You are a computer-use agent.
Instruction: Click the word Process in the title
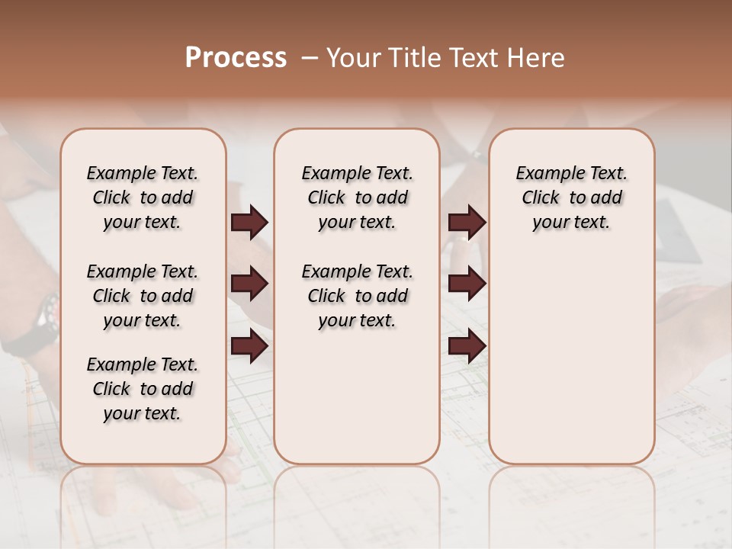coord(236,58)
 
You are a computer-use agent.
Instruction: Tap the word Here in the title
coord(537,58)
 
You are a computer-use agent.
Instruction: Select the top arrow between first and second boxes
coord(249,223)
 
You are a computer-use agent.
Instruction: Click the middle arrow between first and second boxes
coord(249,284)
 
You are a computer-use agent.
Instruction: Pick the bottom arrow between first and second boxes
coord(249,346)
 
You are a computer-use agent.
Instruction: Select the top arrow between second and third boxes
coord(467,223)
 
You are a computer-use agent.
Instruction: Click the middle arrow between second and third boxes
coord(467,284)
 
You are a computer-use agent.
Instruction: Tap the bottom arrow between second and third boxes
coord(467,346)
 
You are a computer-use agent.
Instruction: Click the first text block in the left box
coord(143,197)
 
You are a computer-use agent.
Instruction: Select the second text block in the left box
coord(143,296)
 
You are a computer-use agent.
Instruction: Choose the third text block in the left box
coord(143,389)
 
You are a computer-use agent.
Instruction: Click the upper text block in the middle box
coord(357,197)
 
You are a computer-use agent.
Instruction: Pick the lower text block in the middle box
coord(357,296)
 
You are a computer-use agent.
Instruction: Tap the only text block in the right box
coord(571,197)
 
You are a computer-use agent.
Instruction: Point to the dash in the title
coord(310,59)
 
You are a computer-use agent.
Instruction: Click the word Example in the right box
coord(544,174)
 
